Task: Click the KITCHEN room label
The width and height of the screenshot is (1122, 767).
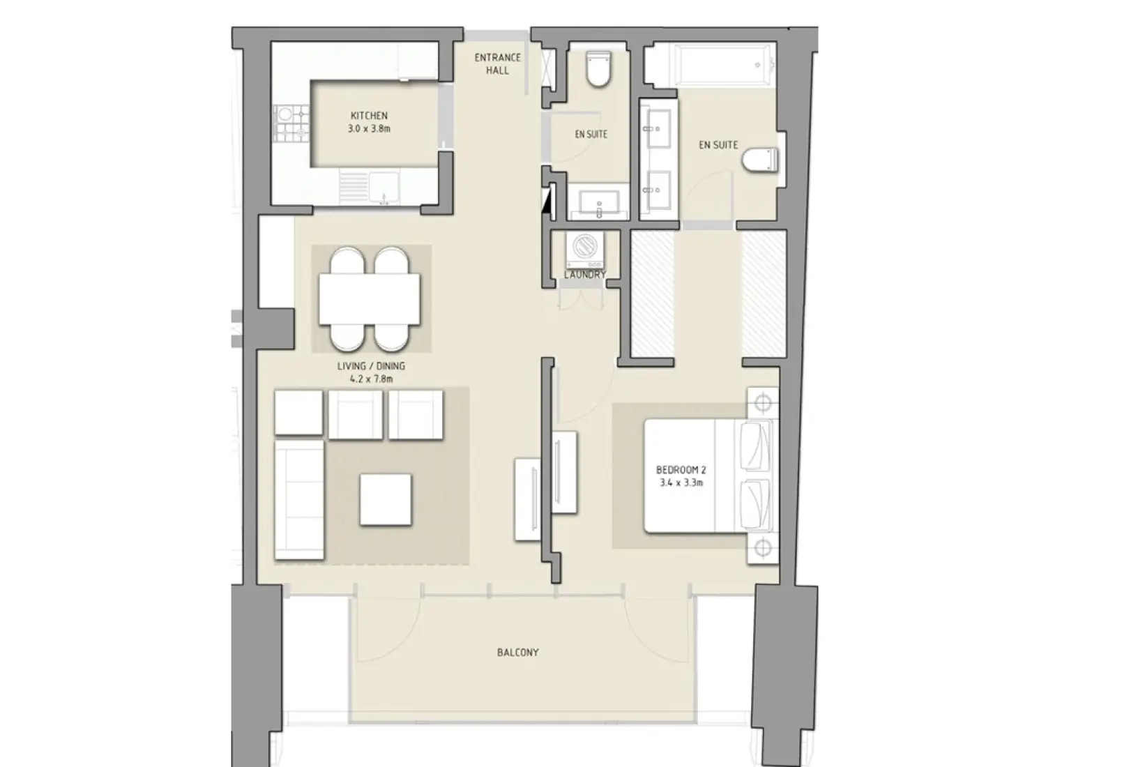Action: coord(369,116)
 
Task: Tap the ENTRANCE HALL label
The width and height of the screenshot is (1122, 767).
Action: coord(497,64)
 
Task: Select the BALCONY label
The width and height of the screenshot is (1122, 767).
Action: coord(517,653)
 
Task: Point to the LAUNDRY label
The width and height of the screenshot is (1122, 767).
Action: coord(584,275)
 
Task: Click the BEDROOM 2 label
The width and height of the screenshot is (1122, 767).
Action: coord(681,470)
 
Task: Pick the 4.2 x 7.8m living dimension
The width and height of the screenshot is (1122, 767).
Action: coord(371,379)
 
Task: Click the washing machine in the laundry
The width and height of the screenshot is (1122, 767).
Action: coord(584,249)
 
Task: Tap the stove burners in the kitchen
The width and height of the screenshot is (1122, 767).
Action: coord(288,123)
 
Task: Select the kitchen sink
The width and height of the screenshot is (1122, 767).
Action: coord(383,188)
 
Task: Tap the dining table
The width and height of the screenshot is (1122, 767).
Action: coord(370,299)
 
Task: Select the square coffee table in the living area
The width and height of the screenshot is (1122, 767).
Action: coord(386,499)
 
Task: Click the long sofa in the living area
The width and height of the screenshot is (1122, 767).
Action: coord(300,499)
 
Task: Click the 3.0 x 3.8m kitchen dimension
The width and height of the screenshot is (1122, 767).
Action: coord(369,129)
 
